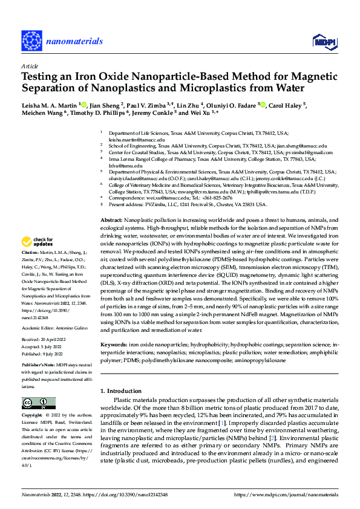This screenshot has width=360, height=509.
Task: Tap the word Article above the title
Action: [30, 66]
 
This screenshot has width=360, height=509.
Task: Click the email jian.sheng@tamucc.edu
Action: [301, 146]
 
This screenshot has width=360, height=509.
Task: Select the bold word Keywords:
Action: [114, 344]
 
